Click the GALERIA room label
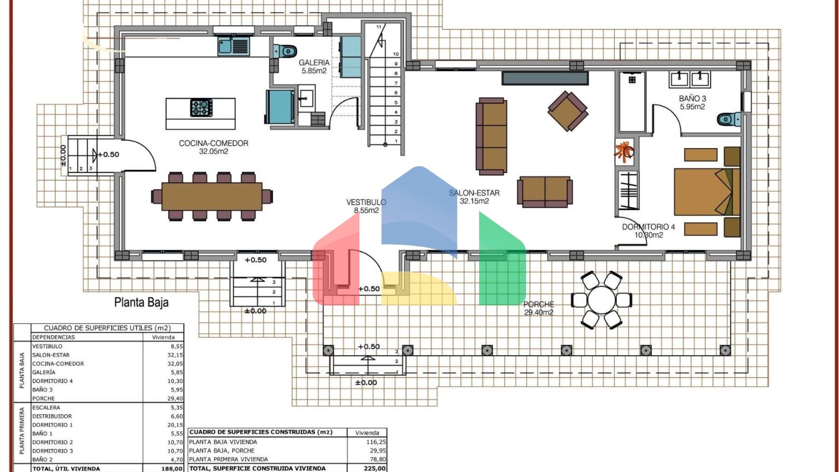tap(314, 67)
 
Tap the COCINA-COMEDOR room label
tap(214, 147)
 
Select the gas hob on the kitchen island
tap(201, 108)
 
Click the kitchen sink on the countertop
tap(233, 46)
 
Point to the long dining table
tap(212, 196)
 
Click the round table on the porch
tap(601, 300)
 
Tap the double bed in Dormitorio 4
tap(707, 192)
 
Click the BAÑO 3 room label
tap(693, 103)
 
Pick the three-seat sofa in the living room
tap(492, 137)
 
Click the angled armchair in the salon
tap(568, 111)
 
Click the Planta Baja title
tap(141, 302)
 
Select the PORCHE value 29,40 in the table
tap(175, 399)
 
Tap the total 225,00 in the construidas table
tap(375, 468)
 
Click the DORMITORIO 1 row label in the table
tap(52, 425)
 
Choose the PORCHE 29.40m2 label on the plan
tap(539, 308)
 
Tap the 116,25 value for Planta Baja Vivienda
tap(376, 442)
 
